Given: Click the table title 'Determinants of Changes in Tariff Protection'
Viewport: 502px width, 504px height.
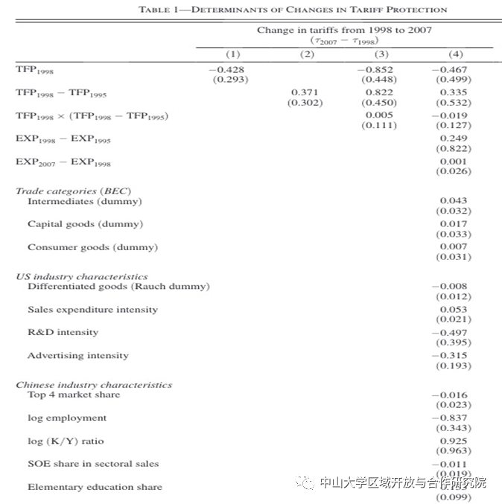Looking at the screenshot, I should coord(293,10).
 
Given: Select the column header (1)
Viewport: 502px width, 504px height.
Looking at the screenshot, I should coord(233,54).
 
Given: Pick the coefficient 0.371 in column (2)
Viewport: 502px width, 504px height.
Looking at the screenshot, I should coord(305,92).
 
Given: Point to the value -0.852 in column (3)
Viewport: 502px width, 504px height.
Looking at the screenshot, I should coord(379,69).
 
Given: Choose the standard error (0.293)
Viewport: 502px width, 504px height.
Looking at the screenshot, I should coord(231,80).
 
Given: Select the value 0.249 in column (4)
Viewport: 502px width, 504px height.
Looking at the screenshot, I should coord(454,138).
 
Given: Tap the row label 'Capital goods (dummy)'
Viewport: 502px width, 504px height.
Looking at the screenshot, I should coord(85,224).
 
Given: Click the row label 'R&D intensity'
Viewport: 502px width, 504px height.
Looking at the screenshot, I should coord(63,332).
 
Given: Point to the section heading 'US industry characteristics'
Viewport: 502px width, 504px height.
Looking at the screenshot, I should coord(81,276).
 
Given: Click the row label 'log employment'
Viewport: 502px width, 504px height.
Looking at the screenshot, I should coord(67,418).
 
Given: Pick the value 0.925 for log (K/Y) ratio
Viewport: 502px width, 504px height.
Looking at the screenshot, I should coord(454,441).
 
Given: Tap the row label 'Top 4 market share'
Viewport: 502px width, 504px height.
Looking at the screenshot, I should coord(74,395).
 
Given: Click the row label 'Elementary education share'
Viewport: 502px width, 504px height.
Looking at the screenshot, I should coord(95,487).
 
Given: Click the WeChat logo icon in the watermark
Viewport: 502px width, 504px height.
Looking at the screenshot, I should coord(305,482).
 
